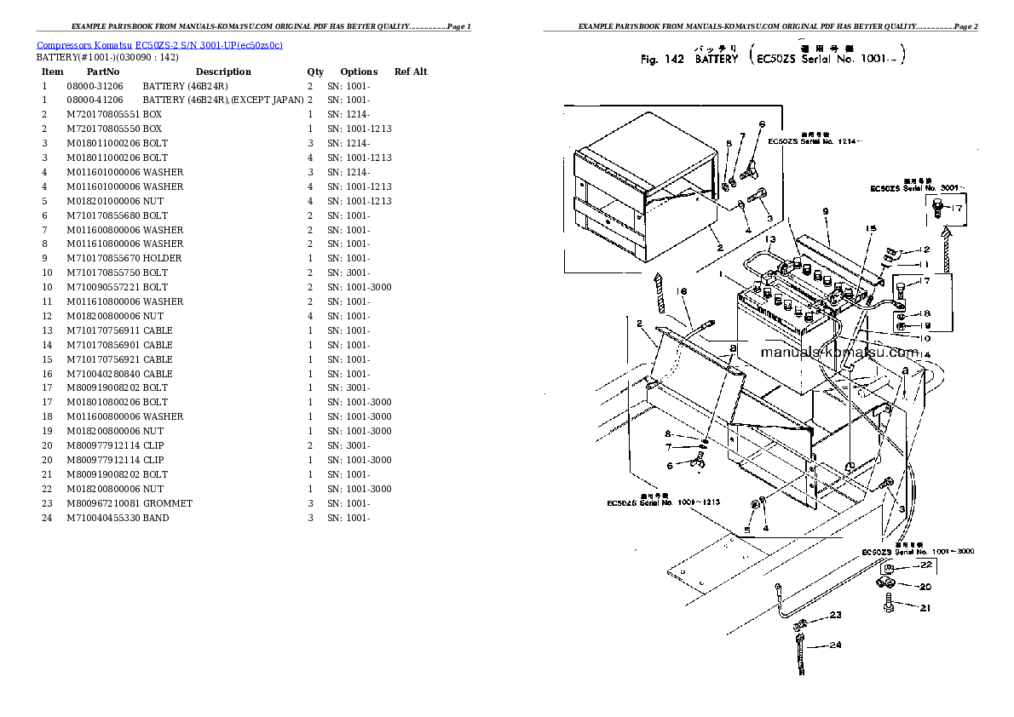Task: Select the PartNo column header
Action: [x=103, y=72]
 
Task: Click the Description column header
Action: [x=223, y=72]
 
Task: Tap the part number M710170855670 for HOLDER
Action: [x=103, y=258]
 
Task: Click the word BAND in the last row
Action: [x=156, y=518]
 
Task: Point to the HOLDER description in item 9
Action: [x=162, y=258]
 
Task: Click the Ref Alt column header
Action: [x=411, y=72]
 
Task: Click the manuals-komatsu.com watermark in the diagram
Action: [x=838, y=352]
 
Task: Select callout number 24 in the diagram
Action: [x=835, y=645]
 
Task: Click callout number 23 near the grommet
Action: [x=835, y=615]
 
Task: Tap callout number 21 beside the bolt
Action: [x=925, y=607]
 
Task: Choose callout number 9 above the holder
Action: [x=826, y=210]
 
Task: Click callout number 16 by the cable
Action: [x=681, y=292]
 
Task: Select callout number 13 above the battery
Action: [x=769, y=240]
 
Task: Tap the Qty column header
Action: [x=315, y=72]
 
